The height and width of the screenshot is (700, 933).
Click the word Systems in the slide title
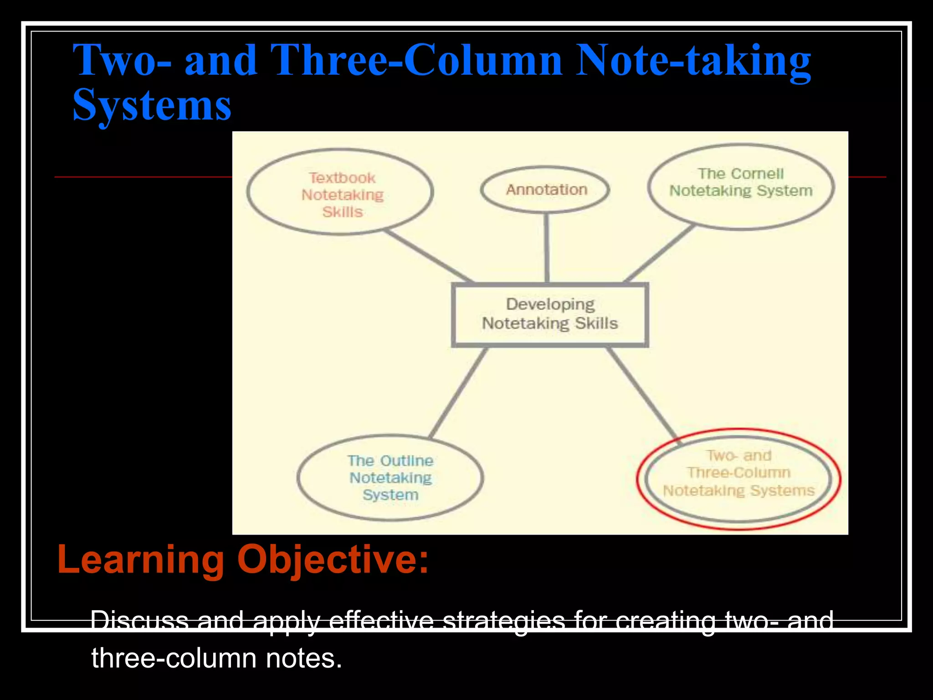(152, 105)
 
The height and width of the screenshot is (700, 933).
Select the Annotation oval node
(546, 190)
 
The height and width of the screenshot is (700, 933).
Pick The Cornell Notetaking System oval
(741, 187)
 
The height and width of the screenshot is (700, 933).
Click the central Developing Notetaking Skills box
(550, 314)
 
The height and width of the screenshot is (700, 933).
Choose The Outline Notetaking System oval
(390, 478)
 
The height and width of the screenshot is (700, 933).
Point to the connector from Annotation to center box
(547, 248)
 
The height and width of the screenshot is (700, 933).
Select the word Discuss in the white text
(139, 621)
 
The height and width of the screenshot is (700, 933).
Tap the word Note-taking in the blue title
(692, 60)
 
